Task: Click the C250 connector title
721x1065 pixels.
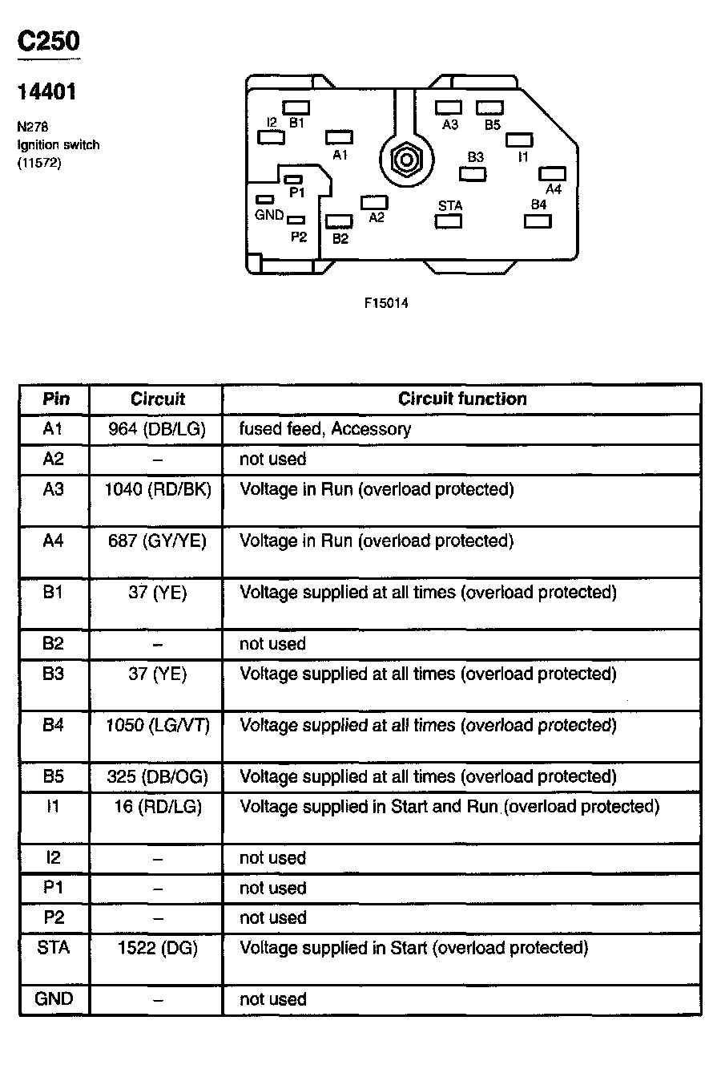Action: tap(49, 40)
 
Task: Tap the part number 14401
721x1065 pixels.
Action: tap(47, 92)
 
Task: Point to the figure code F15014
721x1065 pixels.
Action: tap(386, 303)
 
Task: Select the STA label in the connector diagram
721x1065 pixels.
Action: tap(450, 206)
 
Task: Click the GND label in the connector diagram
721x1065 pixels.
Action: tap(269, 215)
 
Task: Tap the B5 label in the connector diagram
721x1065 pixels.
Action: tap(492, 124)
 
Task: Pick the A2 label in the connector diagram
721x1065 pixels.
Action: tap(377, 217)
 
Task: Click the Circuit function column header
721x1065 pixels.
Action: tap(462, 399)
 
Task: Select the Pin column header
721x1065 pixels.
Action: tap(55, 399)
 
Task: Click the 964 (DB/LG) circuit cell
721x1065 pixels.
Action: tap(157, 429)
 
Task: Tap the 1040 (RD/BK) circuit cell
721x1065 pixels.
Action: tap(157, 488)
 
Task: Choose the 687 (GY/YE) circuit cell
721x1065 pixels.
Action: tap(157, 541)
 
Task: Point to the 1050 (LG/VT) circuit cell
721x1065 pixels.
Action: tap(157, 725)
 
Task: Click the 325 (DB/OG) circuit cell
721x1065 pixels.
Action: tap(157, 776)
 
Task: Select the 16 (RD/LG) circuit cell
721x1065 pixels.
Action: tap(157, 806)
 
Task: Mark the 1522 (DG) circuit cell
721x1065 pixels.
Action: tap(157, 948)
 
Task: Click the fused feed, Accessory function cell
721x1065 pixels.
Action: tap(325, 429)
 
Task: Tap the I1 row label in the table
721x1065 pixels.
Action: tap(54, 806)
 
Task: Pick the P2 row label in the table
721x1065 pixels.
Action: tap(54, 917)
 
